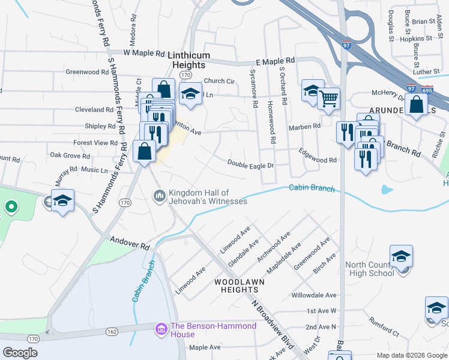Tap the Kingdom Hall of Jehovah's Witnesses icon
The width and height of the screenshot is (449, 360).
[x=160, y=196]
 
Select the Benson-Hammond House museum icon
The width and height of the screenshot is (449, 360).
[x=161, y=329]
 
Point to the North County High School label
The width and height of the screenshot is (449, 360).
[x=370, y=269]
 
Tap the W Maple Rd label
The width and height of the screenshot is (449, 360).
[x=144, y=53]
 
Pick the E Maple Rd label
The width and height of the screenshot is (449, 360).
[x=275, y=61]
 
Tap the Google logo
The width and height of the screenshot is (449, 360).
[x=20, y=353]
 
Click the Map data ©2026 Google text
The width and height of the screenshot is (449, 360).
[x=411, y=355]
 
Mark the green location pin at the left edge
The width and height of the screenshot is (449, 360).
[x=10, y=208]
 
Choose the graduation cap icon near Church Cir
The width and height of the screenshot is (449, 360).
[x=191, y=94]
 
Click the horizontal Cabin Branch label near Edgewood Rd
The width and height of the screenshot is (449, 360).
[x=312, y=188]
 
